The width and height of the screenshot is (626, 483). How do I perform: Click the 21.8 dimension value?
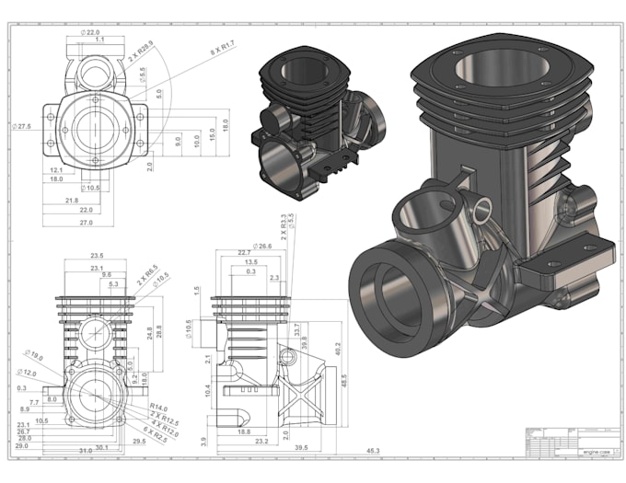point(71,200)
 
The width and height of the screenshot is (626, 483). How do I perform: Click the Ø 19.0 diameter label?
point(34,354)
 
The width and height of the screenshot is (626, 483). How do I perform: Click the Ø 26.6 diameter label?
point(261,247)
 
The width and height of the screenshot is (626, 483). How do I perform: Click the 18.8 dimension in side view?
point(245,431)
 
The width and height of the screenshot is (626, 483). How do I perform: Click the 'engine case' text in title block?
point(594,452)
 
